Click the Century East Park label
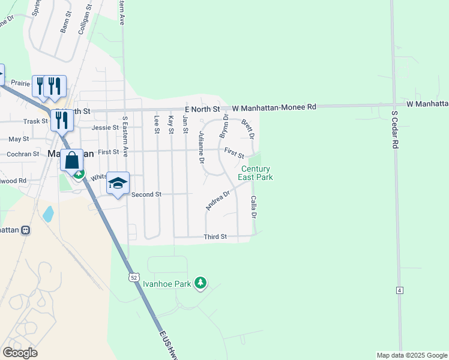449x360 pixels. pos(256,173)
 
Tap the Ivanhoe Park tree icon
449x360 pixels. pos(201,283)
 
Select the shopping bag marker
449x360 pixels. pos(71,161)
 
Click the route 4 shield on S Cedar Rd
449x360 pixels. pos(399,290)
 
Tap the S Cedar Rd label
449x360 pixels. pos(394,129)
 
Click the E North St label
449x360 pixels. pos(203,109)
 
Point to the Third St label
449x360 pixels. pos(215,237)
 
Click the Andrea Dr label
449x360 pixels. pos(218,200)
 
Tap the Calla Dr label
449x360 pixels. pos(254,207)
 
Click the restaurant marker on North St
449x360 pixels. pos(62,120)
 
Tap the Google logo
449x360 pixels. pos(20,353)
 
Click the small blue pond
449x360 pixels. pos(48,214)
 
